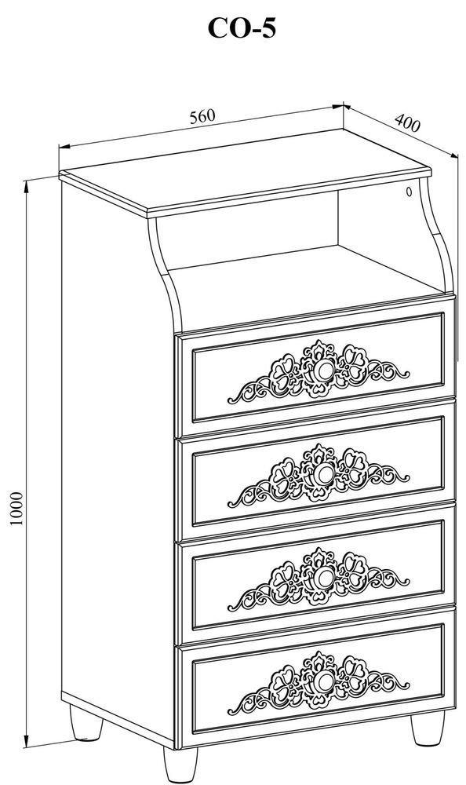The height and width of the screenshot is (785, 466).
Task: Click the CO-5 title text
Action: [242, 28]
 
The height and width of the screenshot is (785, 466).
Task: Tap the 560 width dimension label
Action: [202, 117]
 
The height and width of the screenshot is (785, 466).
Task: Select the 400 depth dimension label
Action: [407, 122]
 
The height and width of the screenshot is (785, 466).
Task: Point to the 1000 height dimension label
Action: [16, 508]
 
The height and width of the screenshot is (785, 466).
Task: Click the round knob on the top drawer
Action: [324, 371]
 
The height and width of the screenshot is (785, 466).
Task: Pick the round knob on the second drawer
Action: [324, 474]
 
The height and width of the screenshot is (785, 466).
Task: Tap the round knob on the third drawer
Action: [324, 578]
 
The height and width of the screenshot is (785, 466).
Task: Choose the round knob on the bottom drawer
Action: [324, 681]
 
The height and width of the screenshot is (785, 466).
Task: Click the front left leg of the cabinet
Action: [180, 764]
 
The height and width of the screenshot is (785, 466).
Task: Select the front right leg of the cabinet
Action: [428, 728]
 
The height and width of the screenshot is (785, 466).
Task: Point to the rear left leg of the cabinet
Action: [86, 723]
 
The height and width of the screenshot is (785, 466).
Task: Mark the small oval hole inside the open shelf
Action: [409, 191]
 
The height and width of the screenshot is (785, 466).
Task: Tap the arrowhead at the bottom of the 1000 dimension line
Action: [26, 740]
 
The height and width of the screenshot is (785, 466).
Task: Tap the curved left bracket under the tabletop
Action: [166, 273]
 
